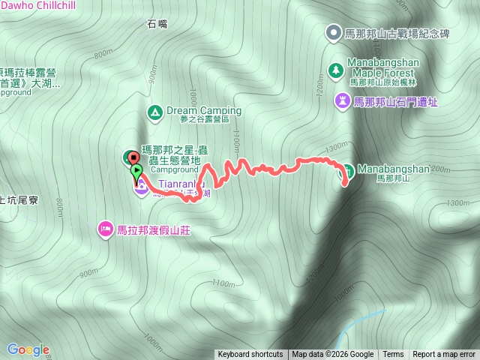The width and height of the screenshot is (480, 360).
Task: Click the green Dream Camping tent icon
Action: pos(154,112)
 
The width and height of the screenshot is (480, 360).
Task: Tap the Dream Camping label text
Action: pos(204,110)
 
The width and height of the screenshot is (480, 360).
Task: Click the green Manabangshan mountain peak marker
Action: pos(348,169)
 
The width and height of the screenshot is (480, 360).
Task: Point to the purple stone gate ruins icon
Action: pos(343,100)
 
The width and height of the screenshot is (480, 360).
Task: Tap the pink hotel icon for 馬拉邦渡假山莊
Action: pos(106,228)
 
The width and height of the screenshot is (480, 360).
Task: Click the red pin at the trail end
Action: pos(133,157)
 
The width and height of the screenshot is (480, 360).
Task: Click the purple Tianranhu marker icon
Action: pos(140,187)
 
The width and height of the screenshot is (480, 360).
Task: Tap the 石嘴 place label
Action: pos(157,24)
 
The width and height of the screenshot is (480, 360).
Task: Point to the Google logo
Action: pos(28,349)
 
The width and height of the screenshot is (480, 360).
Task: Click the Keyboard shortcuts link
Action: pos(250,355)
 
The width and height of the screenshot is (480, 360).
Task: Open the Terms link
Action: pos(393,355)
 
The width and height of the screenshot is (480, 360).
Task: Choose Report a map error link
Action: pos(445,355)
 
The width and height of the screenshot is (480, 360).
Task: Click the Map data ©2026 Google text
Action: pos(332,355)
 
